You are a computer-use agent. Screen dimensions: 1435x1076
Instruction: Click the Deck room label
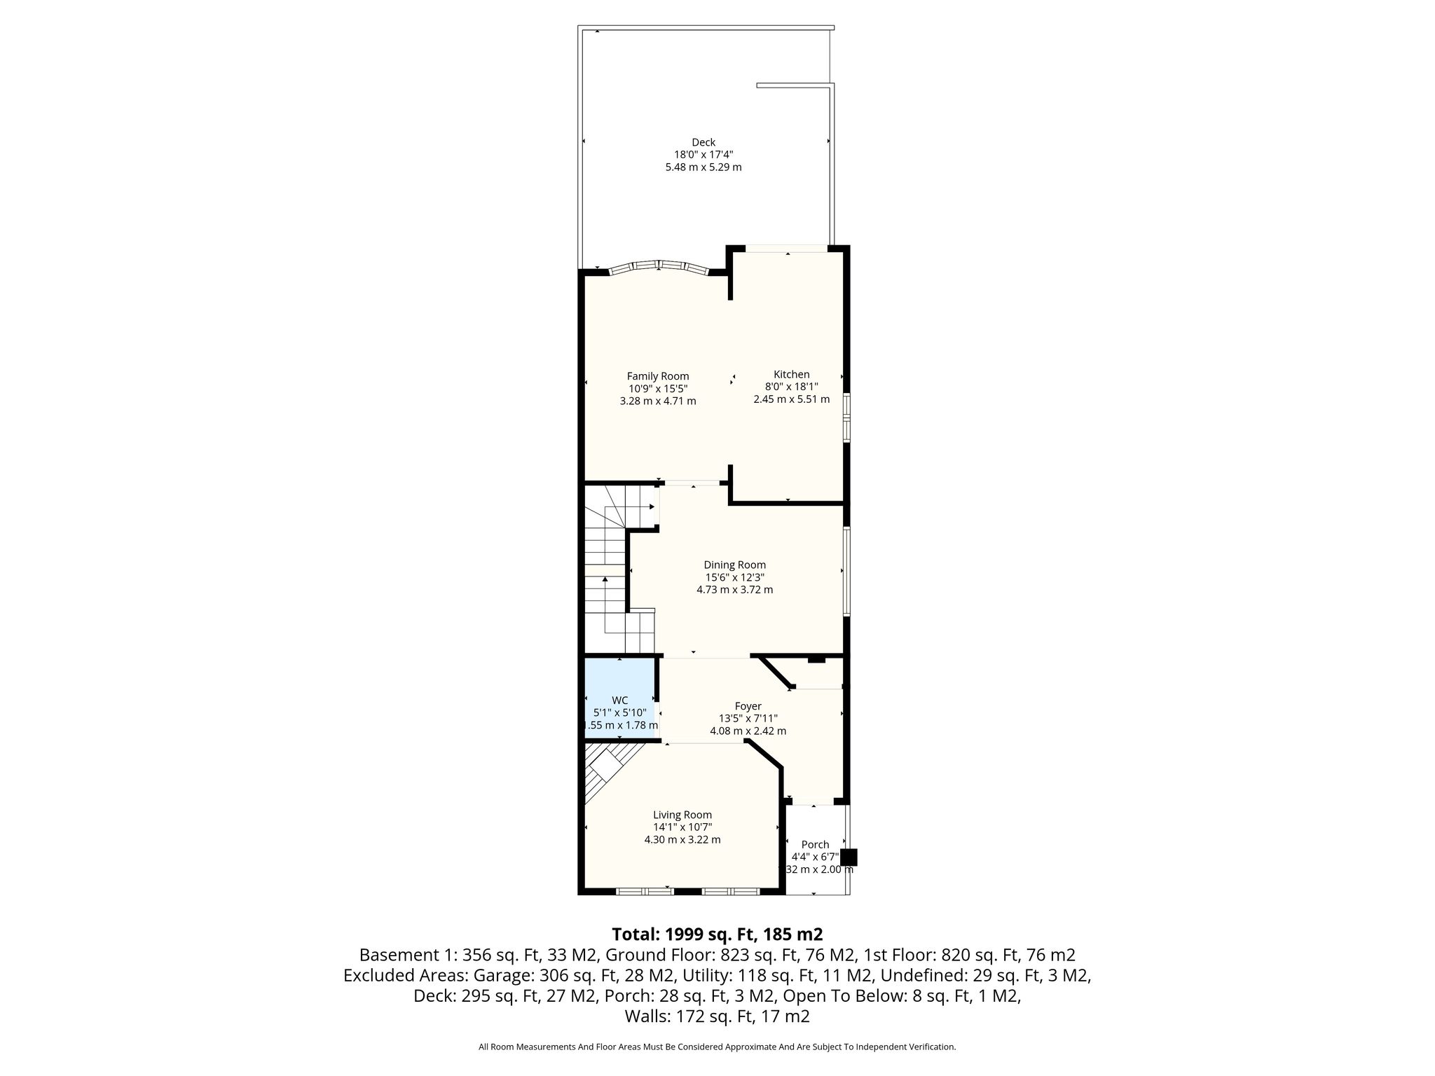[703, 142]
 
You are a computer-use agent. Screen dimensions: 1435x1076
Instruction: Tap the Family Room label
[658, 376]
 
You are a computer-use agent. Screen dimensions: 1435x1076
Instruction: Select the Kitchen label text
[792, 374]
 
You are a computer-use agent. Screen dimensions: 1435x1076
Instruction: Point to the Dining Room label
[735, 565]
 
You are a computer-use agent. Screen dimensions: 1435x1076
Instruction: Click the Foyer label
[748, 706]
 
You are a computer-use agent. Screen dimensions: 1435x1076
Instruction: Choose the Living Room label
[682, 815]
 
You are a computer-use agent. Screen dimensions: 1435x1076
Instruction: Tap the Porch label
[815, 845]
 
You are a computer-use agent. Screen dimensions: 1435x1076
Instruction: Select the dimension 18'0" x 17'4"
[703, 155]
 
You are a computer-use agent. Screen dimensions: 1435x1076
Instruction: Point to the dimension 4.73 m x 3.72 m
[735, 590]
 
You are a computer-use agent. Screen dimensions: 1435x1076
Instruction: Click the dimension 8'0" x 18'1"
[792, 387]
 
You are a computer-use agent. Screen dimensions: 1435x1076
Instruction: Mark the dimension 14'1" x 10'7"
[682, 827]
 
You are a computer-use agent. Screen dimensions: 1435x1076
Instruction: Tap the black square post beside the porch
[849, 857]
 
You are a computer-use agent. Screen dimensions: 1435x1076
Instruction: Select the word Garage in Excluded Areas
[499, 975]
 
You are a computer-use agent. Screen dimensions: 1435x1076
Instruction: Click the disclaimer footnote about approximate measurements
[717, 1047]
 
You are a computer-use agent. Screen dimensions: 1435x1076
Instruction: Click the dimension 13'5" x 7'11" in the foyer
[748, 719]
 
